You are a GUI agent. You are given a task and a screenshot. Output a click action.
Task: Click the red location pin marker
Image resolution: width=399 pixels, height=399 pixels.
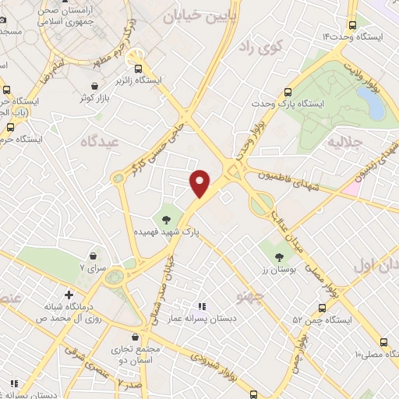click(x=201, y=182)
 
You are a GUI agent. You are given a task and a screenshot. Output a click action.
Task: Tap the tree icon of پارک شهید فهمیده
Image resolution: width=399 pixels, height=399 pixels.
click(x=166, y=217)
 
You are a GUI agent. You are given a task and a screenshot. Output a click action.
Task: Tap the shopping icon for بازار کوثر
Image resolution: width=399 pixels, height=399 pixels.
click(x=94, y=86)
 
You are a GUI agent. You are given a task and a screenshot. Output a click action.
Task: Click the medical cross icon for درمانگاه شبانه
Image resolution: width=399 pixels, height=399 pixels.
click(x=69, y=295)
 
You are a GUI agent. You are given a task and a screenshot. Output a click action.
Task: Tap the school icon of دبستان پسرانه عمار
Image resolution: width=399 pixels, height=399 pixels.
click(x=201, y=306)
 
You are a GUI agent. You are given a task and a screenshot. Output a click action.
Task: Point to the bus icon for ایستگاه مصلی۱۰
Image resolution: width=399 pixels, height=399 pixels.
click(x=383, y=341)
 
